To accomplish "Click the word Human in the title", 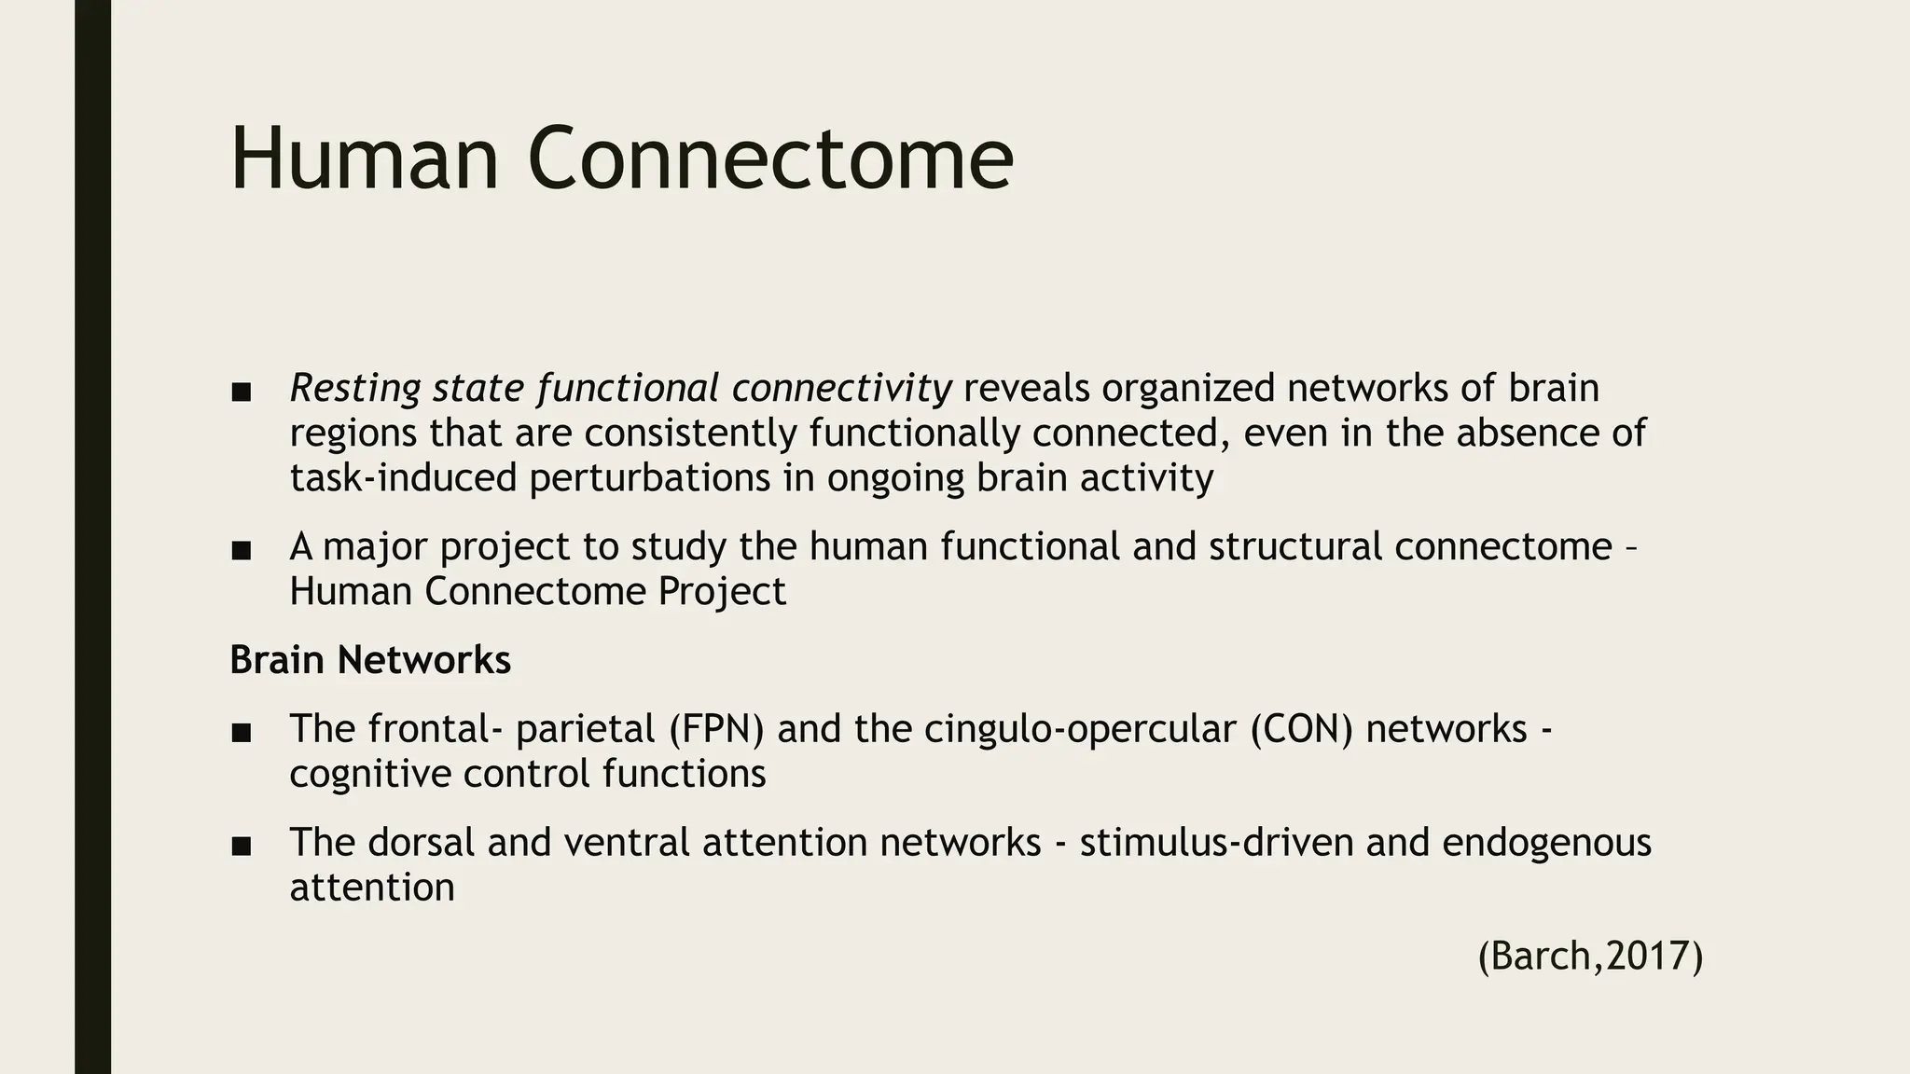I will tap(365, 159).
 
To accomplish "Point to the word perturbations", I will tap(671, 478).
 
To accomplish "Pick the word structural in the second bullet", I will tap(1295, 546).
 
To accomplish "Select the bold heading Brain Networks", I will tap(370, 660).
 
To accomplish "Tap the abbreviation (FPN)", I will tap(716, 728).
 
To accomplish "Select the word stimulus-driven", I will tap(1216, 842).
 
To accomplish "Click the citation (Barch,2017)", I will tap(1590, 957).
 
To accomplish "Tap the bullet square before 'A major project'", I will tap(242, 551).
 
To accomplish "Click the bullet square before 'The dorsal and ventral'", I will tap(242, 847).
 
